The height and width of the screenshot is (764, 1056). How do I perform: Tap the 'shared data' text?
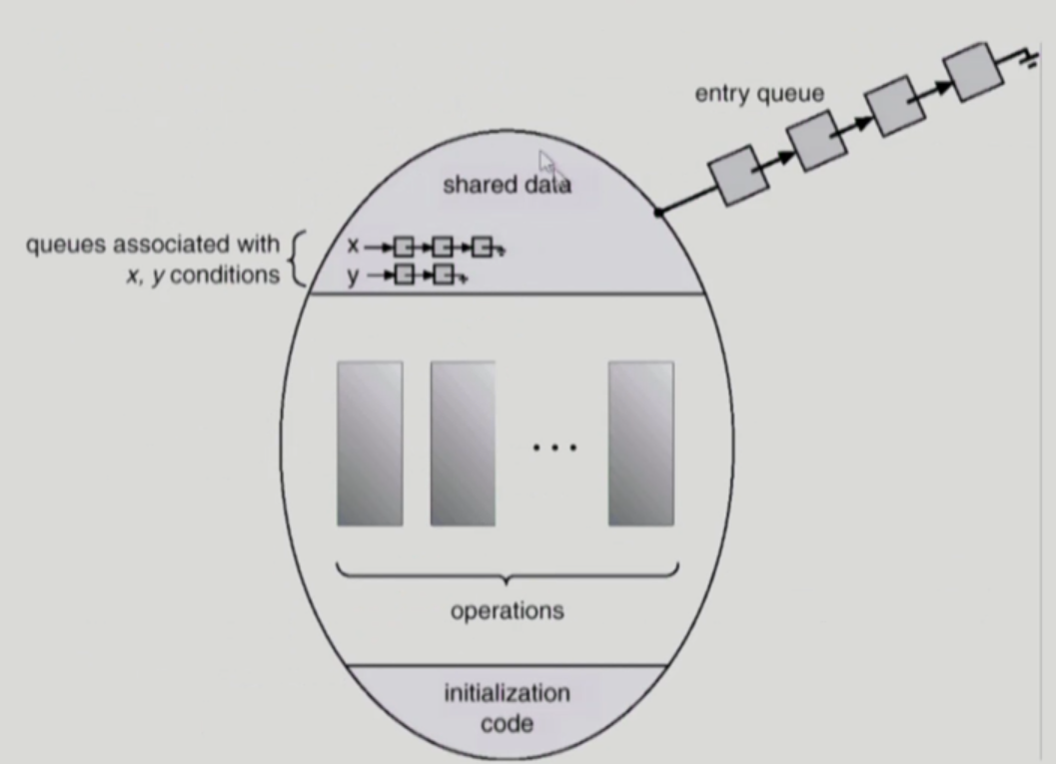click(x=507, y=185)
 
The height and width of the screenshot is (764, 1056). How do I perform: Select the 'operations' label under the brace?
click(x=507, y=609)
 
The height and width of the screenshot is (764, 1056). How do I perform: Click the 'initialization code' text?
click(x=507, y=707)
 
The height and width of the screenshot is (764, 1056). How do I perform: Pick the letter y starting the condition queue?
click(x=353, y=275)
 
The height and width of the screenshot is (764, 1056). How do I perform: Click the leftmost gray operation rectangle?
click(x=370, y=443)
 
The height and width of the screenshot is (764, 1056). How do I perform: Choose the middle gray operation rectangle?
click(x=464, y=443)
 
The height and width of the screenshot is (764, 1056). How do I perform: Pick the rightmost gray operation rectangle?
click(x=641, y=443)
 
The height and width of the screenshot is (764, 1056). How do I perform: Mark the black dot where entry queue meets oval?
click(x=657, y=213)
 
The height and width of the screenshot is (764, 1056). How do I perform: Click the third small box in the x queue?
click(x=483, y=246)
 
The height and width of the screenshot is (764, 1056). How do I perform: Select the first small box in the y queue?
click(x=405, y=275)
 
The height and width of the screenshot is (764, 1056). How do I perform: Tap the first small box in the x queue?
click(x=404, y=246)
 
